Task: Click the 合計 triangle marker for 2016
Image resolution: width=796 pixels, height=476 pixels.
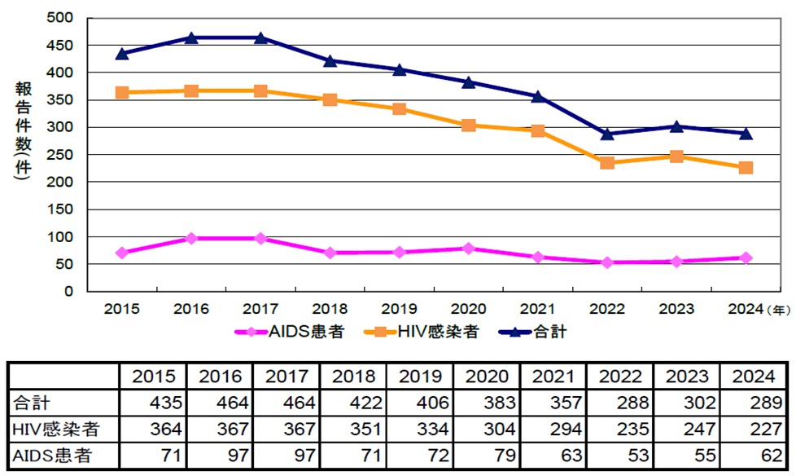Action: click(x=191, y=37)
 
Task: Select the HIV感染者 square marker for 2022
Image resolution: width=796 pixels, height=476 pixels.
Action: click(x=607, y=163)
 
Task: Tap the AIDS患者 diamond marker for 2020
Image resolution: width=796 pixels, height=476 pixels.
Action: click(x=469, y=248)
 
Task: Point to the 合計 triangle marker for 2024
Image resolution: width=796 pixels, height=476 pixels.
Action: click(x=746, y=133)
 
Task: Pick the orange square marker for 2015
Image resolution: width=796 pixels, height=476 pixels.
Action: click(x=122, y=92)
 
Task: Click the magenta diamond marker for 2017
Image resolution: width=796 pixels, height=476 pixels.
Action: click(x=260, y=238)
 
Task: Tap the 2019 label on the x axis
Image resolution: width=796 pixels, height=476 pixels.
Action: click(x=399, y=310)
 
